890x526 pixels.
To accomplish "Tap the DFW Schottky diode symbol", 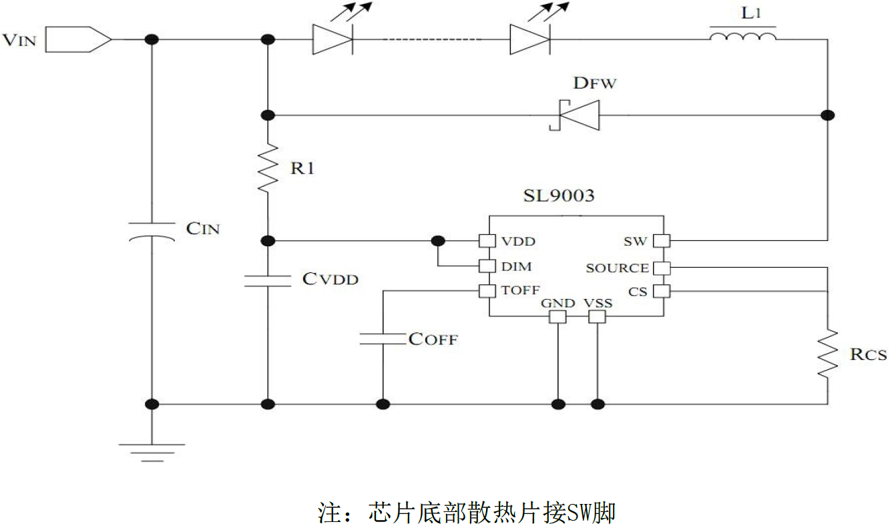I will (575, 115).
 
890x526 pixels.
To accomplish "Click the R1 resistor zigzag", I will (268, 168).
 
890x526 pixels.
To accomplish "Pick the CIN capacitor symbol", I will (152, 231).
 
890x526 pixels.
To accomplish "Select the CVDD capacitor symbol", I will (268, 280).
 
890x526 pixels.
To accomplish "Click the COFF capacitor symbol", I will (383, 338).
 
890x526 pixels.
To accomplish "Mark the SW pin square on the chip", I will (662, 240).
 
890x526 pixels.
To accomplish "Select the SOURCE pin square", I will (662, 268).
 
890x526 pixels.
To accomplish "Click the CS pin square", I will (662, 291).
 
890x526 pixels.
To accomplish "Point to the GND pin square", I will (556, 316).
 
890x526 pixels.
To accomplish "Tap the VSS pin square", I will (597, 316).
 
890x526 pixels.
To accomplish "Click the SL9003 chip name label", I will (559, 197).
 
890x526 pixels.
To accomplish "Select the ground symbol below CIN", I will (152, 451).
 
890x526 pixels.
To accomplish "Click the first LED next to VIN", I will (332, 39).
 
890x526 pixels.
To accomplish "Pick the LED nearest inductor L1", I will (529, 39).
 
